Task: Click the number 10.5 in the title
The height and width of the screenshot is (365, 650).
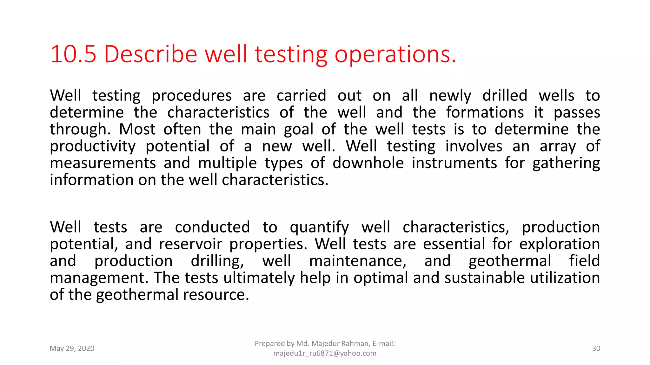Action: click(73, 54)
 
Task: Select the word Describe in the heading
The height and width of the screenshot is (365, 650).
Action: click(150, 54)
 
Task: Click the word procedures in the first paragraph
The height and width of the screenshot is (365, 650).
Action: click(192, 96)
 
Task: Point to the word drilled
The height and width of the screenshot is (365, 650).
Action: click(505, 95)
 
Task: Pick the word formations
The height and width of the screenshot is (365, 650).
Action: click(485, 112)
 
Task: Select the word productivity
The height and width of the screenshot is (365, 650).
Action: click(93, 147)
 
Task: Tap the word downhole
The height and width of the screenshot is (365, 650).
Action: click(368, 163)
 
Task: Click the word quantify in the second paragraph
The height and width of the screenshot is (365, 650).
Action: click(319, 228)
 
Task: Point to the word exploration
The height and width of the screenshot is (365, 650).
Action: click(559, 245)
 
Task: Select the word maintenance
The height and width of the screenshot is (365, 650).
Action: click(358, 261)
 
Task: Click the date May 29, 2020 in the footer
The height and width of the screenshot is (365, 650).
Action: click(72, 349)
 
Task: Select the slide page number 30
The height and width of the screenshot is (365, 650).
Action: click(596, 349)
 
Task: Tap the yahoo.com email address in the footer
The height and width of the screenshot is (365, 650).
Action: click(325, 353)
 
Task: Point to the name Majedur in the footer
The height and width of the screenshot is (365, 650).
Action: click(325, 343)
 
